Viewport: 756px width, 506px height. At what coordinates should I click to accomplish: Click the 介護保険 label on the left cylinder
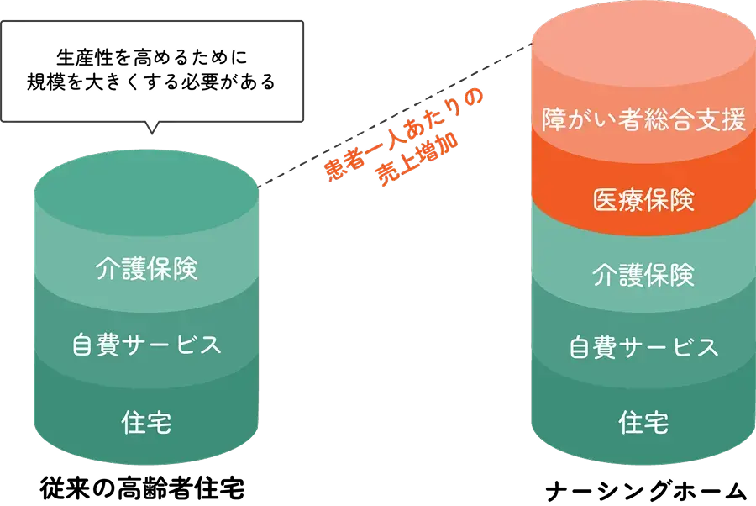pos(147,271)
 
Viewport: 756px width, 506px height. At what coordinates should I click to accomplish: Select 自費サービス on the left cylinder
pos(147,345)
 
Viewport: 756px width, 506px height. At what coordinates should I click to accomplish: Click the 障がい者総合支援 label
pos(643,120)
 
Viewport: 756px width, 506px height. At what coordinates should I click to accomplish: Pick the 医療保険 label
pos(643,199)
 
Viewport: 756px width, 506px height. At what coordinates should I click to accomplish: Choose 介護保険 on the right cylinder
pos(643,275)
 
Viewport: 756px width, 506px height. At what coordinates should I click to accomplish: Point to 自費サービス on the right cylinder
pos(643,347)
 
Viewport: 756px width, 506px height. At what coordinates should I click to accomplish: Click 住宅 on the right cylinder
pos(643,422)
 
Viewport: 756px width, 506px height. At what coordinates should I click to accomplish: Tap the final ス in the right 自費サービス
pos(706,347)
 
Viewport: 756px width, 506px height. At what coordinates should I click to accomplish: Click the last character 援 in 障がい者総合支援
pos(733,120)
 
